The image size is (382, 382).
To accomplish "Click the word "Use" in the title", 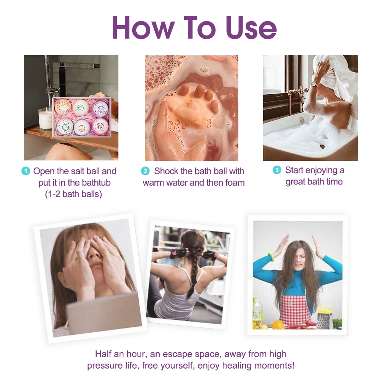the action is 251,28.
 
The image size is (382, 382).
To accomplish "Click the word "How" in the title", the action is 143,27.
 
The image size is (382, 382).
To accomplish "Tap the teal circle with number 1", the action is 26,171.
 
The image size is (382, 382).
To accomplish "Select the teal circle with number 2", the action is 145,171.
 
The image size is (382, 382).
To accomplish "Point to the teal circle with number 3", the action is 277,170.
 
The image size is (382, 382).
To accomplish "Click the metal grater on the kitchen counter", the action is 325,316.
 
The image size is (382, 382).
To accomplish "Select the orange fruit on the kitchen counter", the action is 278,324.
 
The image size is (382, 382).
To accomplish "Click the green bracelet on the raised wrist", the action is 271,257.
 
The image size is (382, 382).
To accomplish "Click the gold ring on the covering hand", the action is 105,254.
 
